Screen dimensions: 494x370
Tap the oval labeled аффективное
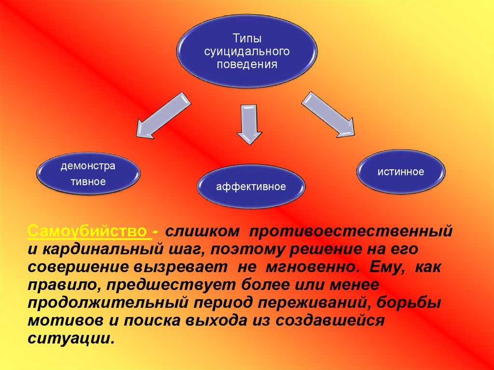[251, 186]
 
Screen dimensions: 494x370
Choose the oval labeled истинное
[401, 171]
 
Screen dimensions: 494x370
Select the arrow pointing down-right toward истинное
[328, 113]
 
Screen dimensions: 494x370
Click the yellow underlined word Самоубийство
[89, 231]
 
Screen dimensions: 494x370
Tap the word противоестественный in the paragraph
[351, 231]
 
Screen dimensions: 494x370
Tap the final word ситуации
[71, 338]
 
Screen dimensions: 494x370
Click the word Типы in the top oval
[247, 38]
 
